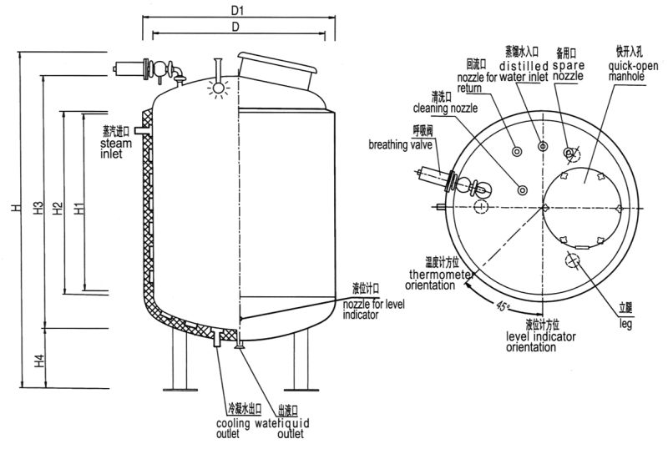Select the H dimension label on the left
16,208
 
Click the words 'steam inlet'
116,148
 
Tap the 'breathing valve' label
399,144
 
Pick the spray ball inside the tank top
219,87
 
